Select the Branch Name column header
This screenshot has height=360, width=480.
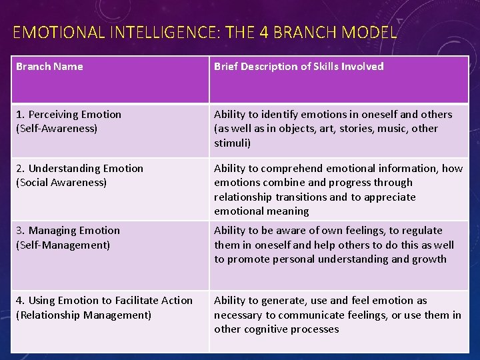[49, 66]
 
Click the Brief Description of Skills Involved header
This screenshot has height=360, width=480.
[299, 66]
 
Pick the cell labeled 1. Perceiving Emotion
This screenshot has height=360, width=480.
[69, 115]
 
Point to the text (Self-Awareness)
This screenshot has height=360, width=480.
[57, 129]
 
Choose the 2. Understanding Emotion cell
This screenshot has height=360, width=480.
[79, 169]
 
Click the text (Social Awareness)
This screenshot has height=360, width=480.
[61, 183]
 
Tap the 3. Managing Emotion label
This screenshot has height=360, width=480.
[68, 231]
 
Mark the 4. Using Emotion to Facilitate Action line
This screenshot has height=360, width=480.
[104, 301]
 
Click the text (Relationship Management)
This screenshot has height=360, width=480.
[83, 315]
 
